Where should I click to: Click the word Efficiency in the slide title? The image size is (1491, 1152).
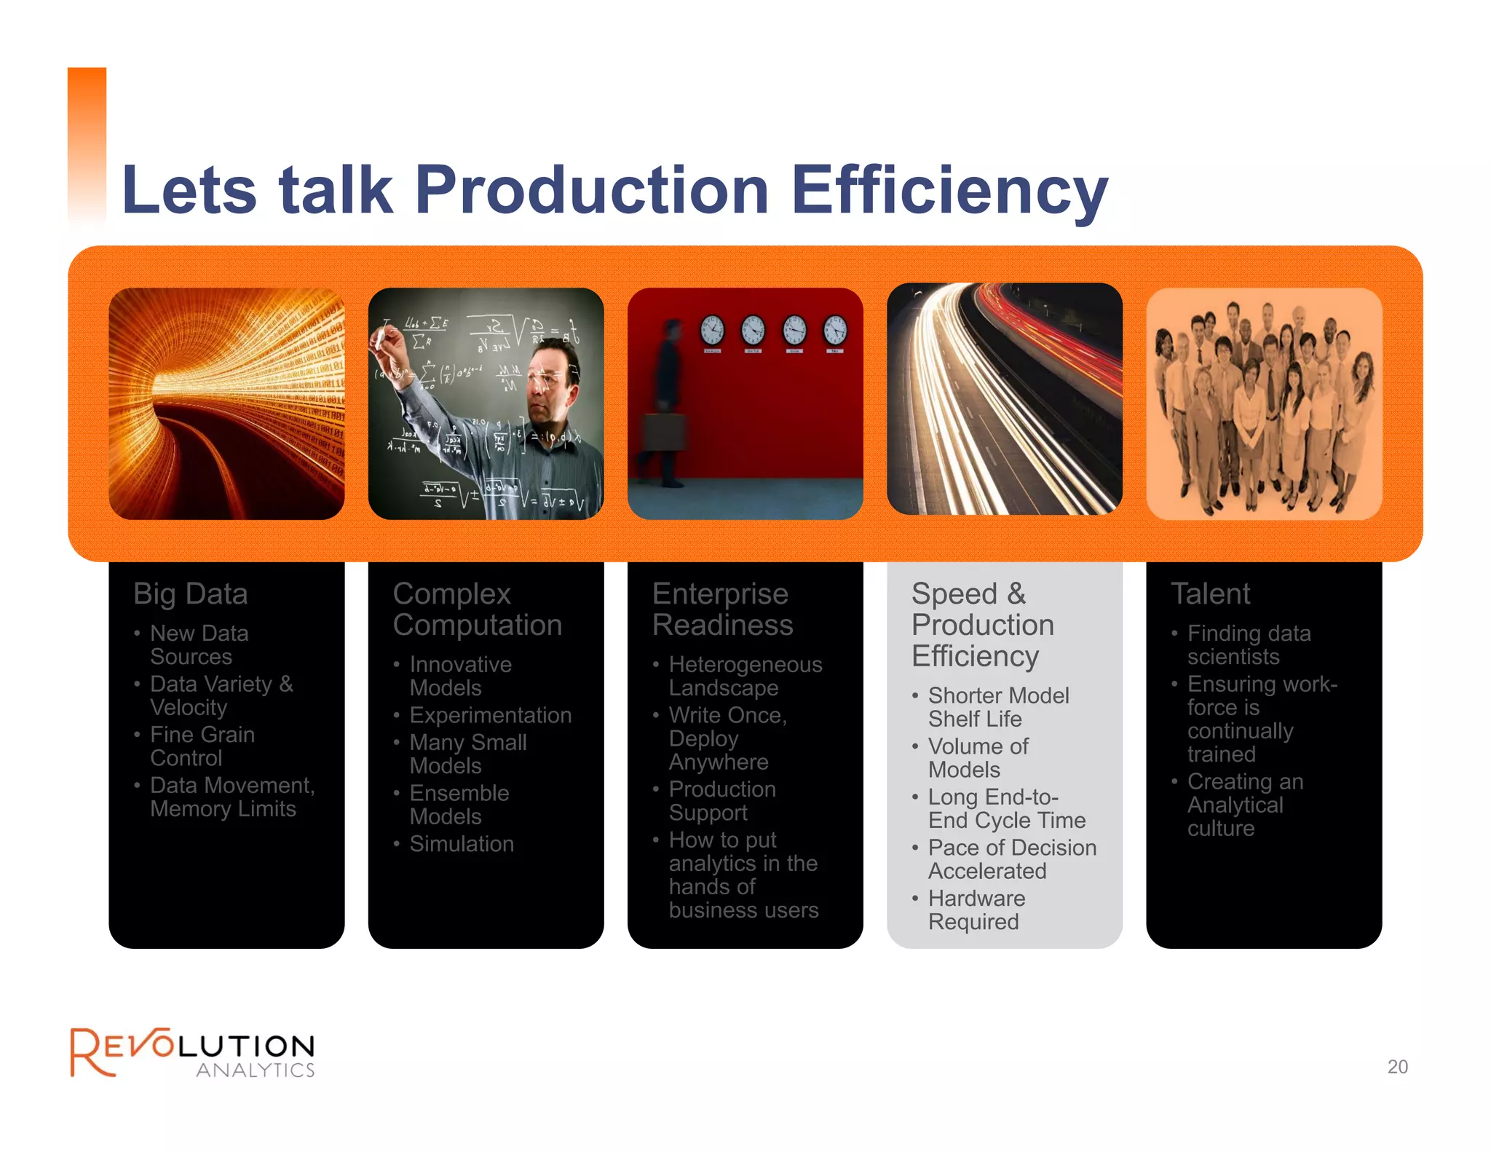coord(949,191)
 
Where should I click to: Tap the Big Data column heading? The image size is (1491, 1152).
coord(191,594)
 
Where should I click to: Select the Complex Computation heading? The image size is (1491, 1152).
coord(477,609)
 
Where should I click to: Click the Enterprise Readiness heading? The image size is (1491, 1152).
coord(722,609)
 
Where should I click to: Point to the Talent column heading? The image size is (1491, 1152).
coord(1210,594)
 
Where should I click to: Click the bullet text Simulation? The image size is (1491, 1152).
coord(462,844)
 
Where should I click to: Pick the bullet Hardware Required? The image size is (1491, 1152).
coord(976,910)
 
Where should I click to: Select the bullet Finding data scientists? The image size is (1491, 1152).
coord(1249,645)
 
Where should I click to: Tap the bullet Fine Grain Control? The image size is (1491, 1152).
coord(202,746)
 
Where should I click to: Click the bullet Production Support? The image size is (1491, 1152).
coord(721,801)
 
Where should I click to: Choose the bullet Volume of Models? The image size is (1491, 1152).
coord(978,758)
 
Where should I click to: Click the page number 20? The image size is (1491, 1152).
coord(1397,1067)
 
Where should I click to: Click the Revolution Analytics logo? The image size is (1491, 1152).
coord(192,1053)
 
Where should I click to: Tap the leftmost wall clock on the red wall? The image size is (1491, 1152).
coord(712,331)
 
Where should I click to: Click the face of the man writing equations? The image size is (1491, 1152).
coord(546,386)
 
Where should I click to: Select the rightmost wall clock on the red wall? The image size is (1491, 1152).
coord(835,331)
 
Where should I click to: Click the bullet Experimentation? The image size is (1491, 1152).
coord(490,715)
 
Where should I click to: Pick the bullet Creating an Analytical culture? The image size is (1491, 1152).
coord(1245,805)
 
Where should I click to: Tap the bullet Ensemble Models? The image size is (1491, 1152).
coord(459,805)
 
